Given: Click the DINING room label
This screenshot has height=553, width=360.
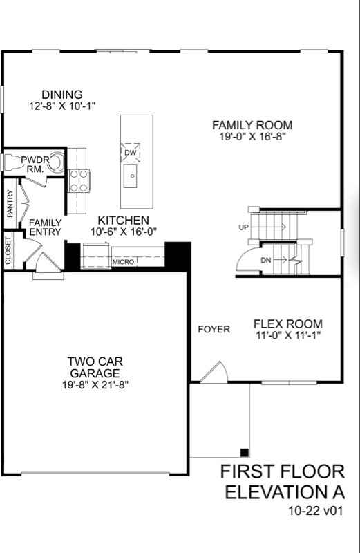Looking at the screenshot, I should point(61,95).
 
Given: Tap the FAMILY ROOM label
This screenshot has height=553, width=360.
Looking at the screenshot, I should point(252,125).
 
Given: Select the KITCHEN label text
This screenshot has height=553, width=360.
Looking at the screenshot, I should point(124,220).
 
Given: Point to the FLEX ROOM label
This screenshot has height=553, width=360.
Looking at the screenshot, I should point(287,324).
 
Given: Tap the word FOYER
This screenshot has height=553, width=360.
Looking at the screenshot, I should point(214,329).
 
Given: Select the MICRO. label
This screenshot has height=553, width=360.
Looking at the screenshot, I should point(124,263).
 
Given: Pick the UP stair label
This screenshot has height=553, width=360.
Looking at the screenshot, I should point(243,227).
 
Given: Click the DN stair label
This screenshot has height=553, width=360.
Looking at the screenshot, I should point(266,260).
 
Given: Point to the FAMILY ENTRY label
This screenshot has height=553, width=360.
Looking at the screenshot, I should point(45,227).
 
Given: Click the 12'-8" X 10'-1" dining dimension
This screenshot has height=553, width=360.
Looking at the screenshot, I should point(61,106).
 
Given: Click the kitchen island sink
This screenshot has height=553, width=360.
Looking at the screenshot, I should point(131,176).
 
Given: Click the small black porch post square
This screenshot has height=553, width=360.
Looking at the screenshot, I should point(244,452).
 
